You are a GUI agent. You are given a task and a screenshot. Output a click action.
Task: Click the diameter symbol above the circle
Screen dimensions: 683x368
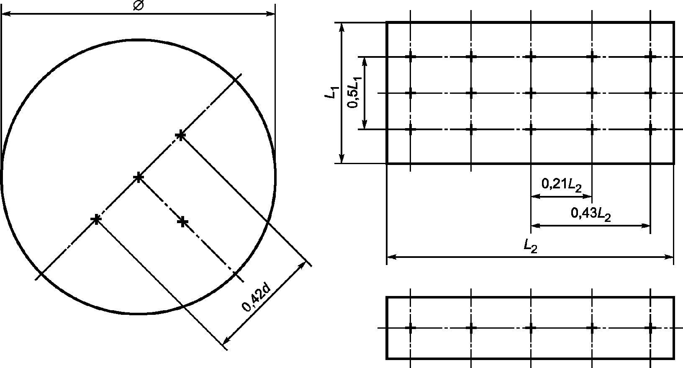pos(139,5)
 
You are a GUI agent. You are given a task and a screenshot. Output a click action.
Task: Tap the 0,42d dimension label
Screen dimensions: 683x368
pos(256,299)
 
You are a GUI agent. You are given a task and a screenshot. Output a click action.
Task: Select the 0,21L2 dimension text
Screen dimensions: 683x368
pos(561,185)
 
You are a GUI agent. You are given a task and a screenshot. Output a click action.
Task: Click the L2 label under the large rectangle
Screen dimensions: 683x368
pos(530,246)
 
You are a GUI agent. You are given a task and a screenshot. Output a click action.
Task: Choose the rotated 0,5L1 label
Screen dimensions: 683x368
pos(354,92)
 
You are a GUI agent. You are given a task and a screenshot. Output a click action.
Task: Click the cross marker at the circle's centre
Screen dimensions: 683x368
pos(139,177)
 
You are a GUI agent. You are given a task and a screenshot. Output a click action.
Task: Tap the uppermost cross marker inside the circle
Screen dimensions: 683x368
pos(181,135)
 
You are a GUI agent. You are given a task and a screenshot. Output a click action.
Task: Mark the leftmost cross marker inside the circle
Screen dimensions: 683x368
pos(96,219)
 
